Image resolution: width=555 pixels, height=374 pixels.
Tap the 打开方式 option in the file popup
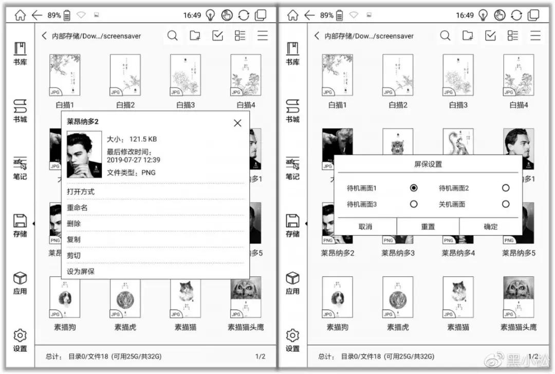[x=81, y=192]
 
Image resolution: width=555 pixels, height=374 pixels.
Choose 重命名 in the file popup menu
[x=77, y=208]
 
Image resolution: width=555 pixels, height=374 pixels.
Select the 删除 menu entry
[x=74, y=223]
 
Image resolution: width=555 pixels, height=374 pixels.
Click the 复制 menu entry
[x=74, y=239]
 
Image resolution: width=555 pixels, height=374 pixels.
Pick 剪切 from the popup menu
[x=74, y=255]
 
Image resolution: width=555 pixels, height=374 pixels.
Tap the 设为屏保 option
[x=81, y=271]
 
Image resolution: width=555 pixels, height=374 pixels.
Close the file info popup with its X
[x=237, y=123]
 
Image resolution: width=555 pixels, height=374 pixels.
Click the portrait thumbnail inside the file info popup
[x=84, y=154]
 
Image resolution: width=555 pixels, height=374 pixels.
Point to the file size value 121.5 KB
[x=143, y=139]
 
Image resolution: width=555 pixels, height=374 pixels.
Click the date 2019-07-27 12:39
[x=134, y=160]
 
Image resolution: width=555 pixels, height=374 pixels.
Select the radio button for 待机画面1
[x=414, y=188]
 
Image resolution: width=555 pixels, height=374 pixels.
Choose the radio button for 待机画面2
[x=506, y=188]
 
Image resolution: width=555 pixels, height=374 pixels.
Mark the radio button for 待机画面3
[x=414, y=204]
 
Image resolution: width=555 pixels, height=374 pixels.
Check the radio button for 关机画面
[x=506, y=204]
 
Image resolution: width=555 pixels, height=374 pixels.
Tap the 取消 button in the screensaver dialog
[x=365, y=227]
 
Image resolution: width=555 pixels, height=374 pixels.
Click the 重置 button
[x=428, y=227]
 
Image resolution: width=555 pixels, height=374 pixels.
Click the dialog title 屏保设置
[x=428, y=164]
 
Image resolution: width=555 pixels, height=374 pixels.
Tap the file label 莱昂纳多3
[x=398, y=253]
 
